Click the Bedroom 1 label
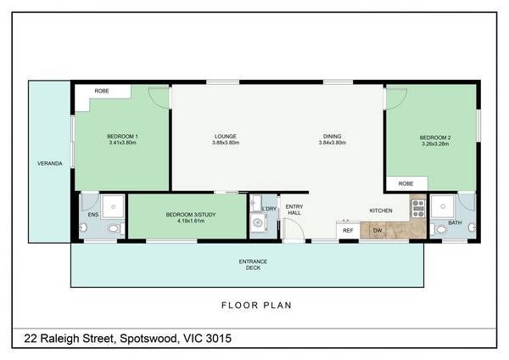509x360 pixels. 122,136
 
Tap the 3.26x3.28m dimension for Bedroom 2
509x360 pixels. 435,144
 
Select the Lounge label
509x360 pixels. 226,136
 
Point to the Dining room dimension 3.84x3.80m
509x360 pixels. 332,143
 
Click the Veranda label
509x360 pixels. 50,163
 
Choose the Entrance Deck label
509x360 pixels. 253,264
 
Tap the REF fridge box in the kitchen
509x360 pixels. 348,230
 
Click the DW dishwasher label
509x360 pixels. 378,231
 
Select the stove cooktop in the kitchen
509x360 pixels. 418,208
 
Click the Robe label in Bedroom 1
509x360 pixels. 102,91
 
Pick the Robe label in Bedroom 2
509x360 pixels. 406,183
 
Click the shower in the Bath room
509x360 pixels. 443,206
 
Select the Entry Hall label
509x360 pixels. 294,210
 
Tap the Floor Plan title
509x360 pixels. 256,305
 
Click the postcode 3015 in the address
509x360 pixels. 219,338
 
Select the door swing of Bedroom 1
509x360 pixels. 159,98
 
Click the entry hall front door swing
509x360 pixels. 294,229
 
